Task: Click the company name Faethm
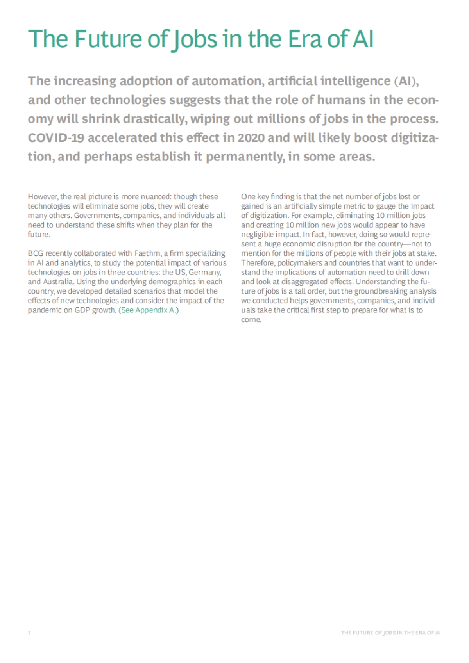147,253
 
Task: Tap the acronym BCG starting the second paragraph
36,253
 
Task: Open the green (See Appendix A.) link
149,310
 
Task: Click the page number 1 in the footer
29,633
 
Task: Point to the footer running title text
390,633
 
